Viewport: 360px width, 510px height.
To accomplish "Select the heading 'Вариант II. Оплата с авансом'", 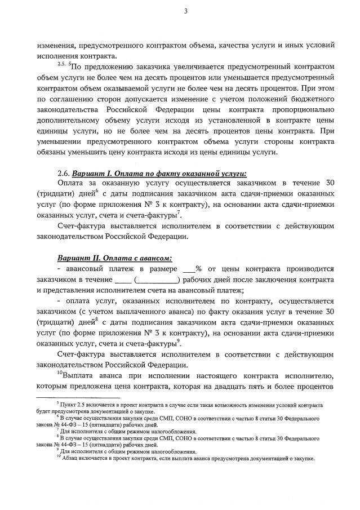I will pos(114,258).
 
